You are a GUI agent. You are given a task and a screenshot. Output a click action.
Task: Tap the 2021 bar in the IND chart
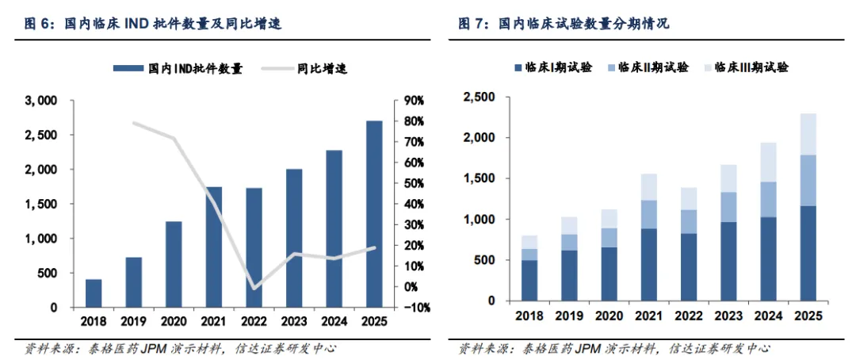click(214, 247)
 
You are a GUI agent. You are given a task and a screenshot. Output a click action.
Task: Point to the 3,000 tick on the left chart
click(41, 101)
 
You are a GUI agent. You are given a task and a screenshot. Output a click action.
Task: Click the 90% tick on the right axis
click(415, 101)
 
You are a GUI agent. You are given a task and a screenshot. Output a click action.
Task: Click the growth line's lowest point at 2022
click(254, 287)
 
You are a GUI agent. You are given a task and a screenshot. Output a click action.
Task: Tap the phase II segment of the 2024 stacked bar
click(768, 199)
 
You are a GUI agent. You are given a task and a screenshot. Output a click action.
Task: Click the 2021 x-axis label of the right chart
click(649, 316)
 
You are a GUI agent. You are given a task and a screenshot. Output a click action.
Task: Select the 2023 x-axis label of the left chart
click(293, 322)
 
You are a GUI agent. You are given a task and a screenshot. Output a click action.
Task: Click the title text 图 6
click(37, 25)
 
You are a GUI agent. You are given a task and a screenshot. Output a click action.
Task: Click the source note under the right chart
click(614, 348)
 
